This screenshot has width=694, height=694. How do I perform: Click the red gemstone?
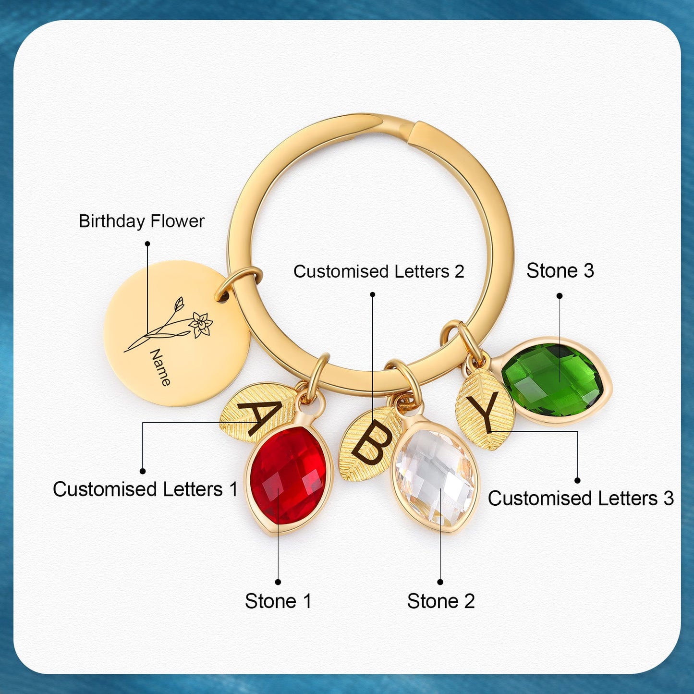click(288, 475)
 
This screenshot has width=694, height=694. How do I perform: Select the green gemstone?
click(552, 380)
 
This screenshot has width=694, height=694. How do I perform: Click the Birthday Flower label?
click(142, 221)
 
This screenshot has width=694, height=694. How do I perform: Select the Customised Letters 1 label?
click(145, 489)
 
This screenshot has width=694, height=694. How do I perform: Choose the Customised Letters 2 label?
click(379, 271)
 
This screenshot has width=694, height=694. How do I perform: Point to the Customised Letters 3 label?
click(581, 499)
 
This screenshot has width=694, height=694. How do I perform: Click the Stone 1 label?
click(278, 601)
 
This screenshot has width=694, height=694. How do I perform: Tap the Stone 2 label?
click(441, 601)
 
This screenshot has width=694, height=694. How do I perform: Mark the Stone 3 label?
click(560, 270)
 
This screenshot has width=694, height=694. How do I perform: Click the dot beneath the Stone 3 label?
click(560, 296)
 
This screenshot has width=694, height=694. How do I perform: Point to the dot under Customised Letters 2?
click(372, 294)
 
